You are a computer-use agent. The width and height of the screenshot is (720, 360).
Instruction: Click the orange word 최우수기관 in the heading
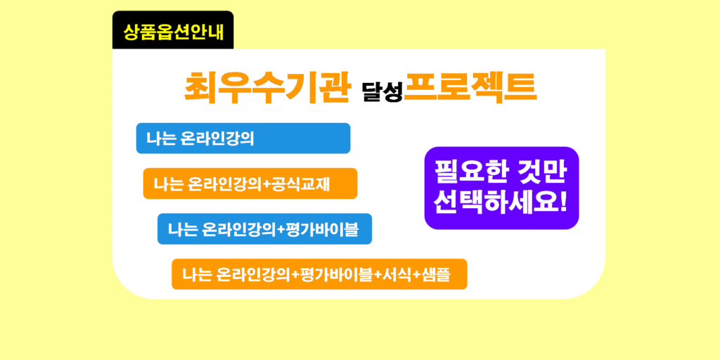click(266, 88)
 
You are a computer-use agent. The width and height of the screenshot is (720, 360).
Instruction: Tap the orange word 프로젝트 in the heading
click(470, 88)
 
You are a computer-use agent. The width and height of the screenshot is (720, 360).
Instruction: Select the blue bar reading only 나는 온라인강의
click(243, 139)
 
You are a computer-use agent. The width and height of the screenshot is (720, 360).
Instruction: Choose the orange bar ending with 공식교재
click(250, 184)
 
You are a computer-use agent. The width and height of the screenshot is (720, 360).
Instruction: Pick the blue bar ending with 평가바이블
click(264, 229)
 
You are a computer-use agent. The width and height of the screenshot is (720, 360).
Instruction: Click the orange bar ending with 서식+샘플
click(319, 274)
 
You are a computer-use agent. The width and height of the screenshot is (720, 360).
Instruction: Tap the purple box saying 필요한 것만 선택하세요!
click(501, 188)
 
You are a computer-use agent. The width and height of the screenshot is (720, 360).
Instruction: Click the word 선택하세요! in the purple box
click(501, 202)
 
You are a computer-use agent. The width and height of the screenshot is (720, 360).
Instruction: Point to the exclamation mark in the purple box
click(563, 202)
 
